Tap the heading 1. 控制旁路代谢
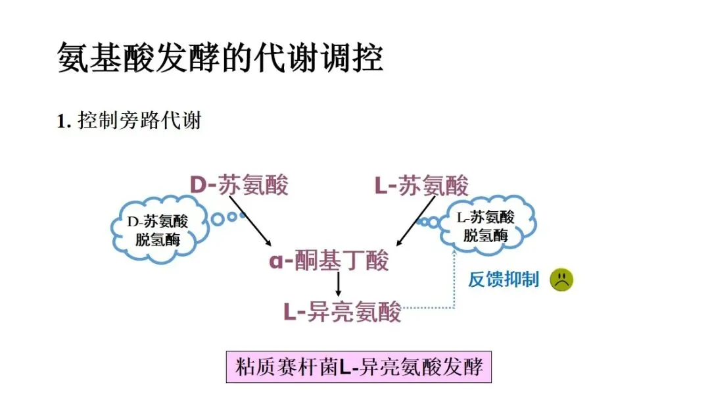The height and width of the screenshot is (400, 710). pyautogui.click(x=129, y=121)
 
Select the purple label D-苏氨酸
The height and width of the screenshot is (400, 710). pyautogui.click(x=239, y=185)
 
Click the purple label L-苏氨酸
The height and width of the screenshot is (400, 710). pyautogui.click(x=421, y=186)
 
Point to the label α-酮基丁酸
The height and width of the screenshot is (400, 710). pyautogui.click(x=329, y=261)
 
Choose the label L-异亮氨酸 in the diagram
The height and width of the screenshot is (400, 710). pyautogui.click(x=342, y=311)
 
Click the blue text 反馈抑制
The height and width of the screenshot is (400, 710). pyautogui.click(x=503, y=280)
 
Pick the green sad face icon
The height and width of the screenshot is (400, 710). pyautogui.click(x=561, y=280)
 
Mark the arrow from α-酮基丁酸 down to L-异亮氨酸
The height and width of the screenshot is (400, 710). pyautogui.click(x=338, y=284)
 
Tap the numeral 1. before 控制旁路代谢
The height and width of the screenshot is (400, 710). pyautogui.click(x=63, y=122)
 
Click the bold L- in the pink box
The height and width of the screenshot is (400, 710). pyautogui.click(x=349, y=367)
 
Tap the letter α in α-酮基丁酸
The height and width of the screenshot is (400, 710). pyautogui.click(x=275, y=262)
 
